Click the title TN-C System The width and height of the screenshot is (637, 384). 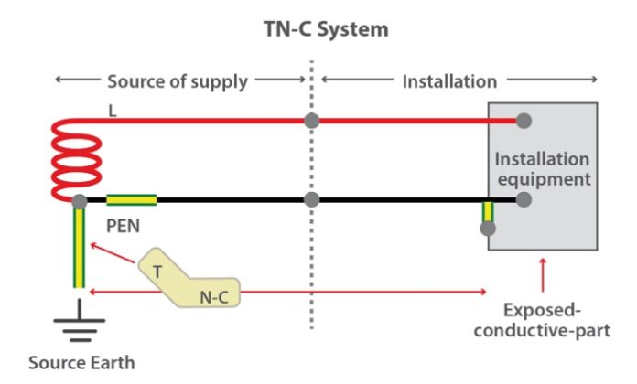[319, 28]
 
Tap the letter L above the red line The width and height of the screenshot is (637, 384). [113, 110]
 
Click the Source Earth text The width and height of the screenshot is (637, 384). [81, 362]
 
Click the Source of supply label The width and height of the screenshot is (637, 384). [178, 81]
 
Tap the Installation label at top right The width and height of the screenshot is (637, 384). [449, 81]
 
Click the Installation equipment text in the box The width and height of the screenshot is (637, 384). [542, 166]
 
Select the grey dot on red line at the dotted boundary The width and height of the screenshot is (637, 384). [312, 120]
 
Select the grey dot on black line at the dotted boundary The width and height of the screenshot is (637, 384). [312, 199]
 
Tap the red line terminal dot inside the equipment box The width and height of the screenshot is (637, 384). [524, 120]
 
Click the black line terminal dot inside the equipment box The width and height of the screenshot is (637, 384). [524, 199]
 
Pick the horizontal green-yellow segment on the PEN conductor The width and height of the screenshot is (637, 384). [131, 199]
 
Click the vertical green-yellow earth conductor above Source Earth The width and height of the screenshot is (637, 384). [80, 247]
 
